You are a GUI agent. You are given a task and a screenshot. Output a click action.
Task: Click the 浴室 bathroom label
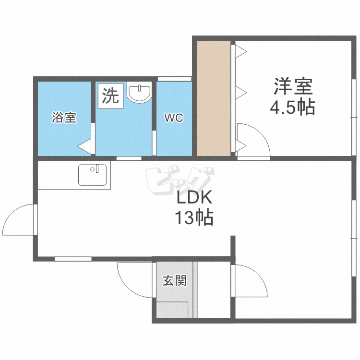(64, 118)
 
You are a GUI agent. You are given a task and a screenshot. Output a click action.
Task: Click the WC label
(173, 118)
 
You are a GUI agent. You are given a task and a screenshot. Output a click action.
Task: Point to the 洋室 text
(293, 87)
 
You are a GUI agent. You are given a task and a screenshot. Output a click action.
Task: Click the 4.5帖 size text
(293, 108)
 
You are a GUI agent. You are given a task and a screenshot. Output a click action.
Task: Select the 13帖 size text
(193, 219)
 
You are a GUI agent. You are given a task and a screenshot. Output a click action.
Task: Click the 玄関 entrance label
(174, 281)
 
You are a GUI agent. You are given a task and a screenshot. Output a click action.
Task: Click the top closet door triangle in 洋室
(240, 50)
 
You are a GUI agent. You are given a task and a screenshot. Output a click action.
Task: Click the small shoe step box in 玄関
(172, 310)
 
